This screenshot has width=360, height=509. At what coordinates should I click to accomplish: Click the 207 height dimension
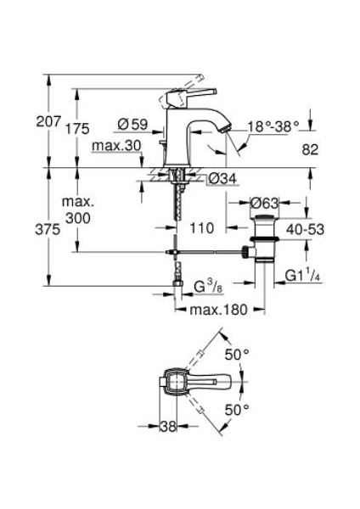48,121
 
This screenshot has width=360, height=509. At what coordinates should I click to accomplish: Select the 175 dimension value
77,129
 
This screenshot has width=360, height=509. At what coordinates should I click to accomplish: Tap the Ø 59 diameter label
132,124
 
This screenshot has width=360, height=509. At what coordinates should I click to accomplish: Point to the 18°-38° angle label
273,126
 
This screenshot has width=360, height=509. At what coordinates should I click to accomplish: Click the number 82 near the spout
310,149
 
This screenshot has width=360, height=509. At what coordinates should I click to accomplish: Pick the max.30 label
116,146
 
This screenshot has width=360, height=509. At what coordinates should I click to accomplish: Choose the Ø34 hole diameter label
222,178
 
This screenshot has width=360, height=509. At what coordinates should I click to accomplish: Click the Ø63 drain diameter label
264,204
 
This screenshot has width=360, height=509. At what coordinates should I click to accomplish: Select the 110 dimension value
202,228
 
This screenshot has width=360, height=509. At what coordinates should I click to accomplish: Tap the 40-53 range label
305,230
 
